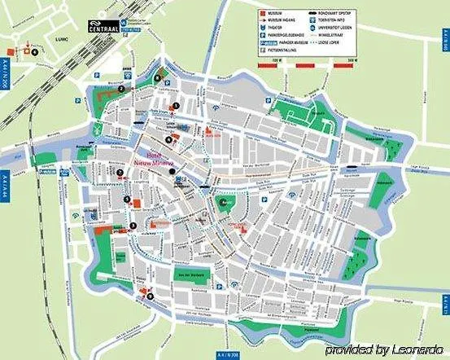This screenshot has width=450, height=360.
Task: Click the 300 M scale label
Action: [x=352, y=60]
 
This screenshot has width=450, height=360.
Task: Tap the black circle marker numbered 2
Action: [x=120, y=88]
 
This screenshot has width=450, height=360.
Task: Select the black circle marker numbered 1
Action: [x=175, y=106]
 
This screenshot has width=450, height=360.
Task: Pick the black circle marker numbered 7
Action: [x=120, y=173]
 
